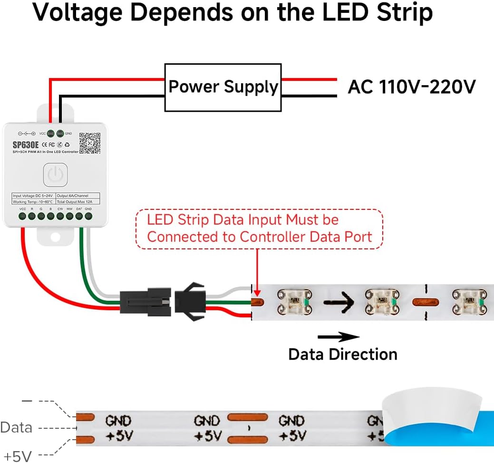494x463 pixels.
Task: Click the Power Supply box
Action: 223,88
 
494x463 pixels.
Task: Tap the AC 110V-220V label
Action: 412,87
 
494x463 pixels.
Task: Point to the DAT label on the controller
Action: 79,209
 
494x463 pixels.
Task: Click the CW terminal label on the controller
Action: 60,209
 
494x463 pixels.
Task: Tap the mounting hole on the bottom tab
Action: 55,236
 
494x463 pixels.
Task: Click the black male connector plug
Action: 145,302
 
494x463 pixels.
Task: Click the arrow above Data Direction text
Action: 338,337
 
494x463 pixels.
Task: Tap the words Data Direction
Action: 342,355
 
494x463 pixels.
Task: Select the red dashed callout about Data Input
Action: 259,229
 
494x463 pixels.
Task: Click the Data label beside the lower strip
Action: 17,427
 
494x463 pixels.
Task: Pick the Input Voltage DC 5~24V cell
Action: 32,196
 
